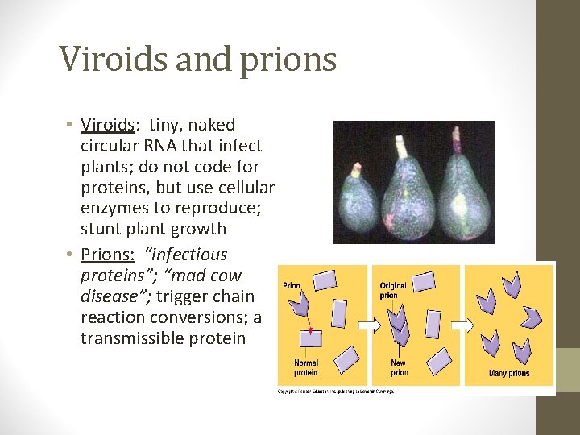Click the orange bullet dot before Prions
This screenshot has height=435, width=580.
pyautogui.click(x=70, y=255)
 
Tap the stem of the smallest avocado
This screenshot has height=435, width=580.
pyautogui.click(x=355, y=169)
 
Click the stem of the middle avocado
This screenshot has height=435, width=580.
pyautogui.click(x=400, y=147)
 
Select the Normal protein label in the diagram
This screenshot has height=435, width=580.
pyautogui.click(x=306, y=367)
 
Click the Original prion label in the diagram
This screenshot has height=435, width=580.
pyautogui.click(x=394, y=290)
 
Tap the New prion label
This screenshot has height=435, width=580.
pyautogui.click(x=400, y=367)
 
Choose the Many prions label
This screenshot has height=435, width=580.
pyautogui.click(x=508, y=373)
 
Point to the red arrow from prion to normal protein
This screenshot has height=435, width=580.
pyautogui.click(x=307, y=325)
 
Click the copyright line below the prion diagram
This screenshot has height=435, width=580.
pyautogui.click(x=336, y=391)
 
